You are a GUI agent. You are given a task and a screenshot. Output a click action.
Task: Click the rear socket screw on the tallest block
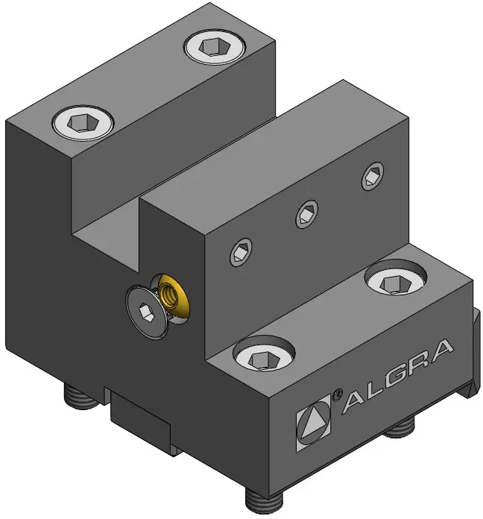point(215,47)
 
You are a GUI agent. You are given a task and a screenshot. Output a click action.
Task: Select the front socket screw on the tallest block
point(83,123)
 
